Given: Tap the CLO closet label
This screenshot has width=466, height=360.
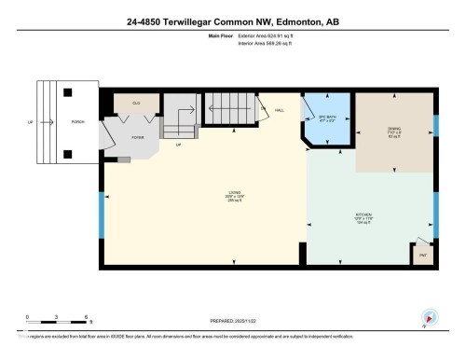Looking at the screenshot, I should click(x=136, y=102).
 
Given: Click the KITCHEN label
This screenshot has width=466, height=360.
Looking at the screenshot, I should click(x=363, y=217).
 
